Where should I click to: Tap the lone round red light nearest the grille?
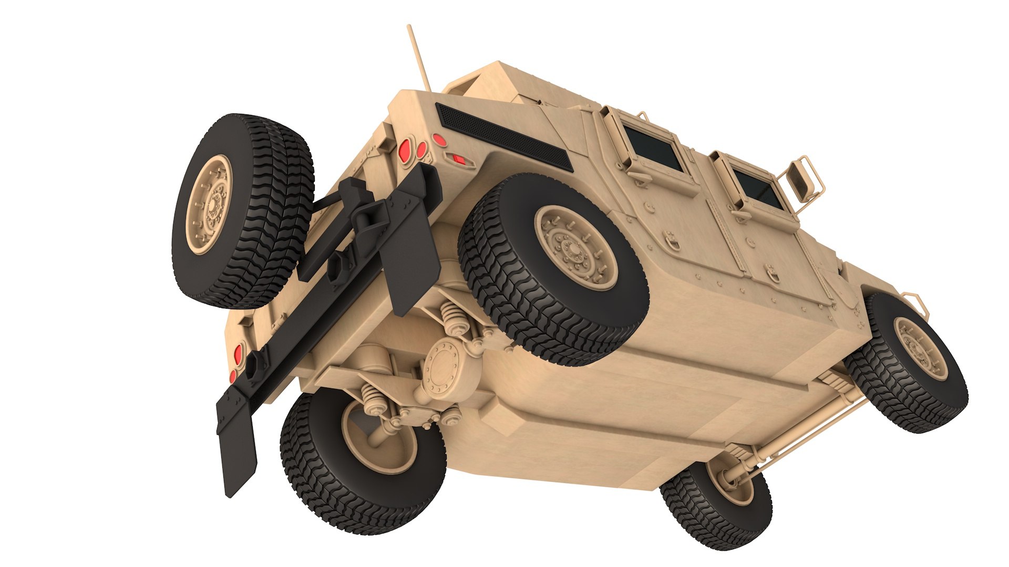point(437,140)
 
